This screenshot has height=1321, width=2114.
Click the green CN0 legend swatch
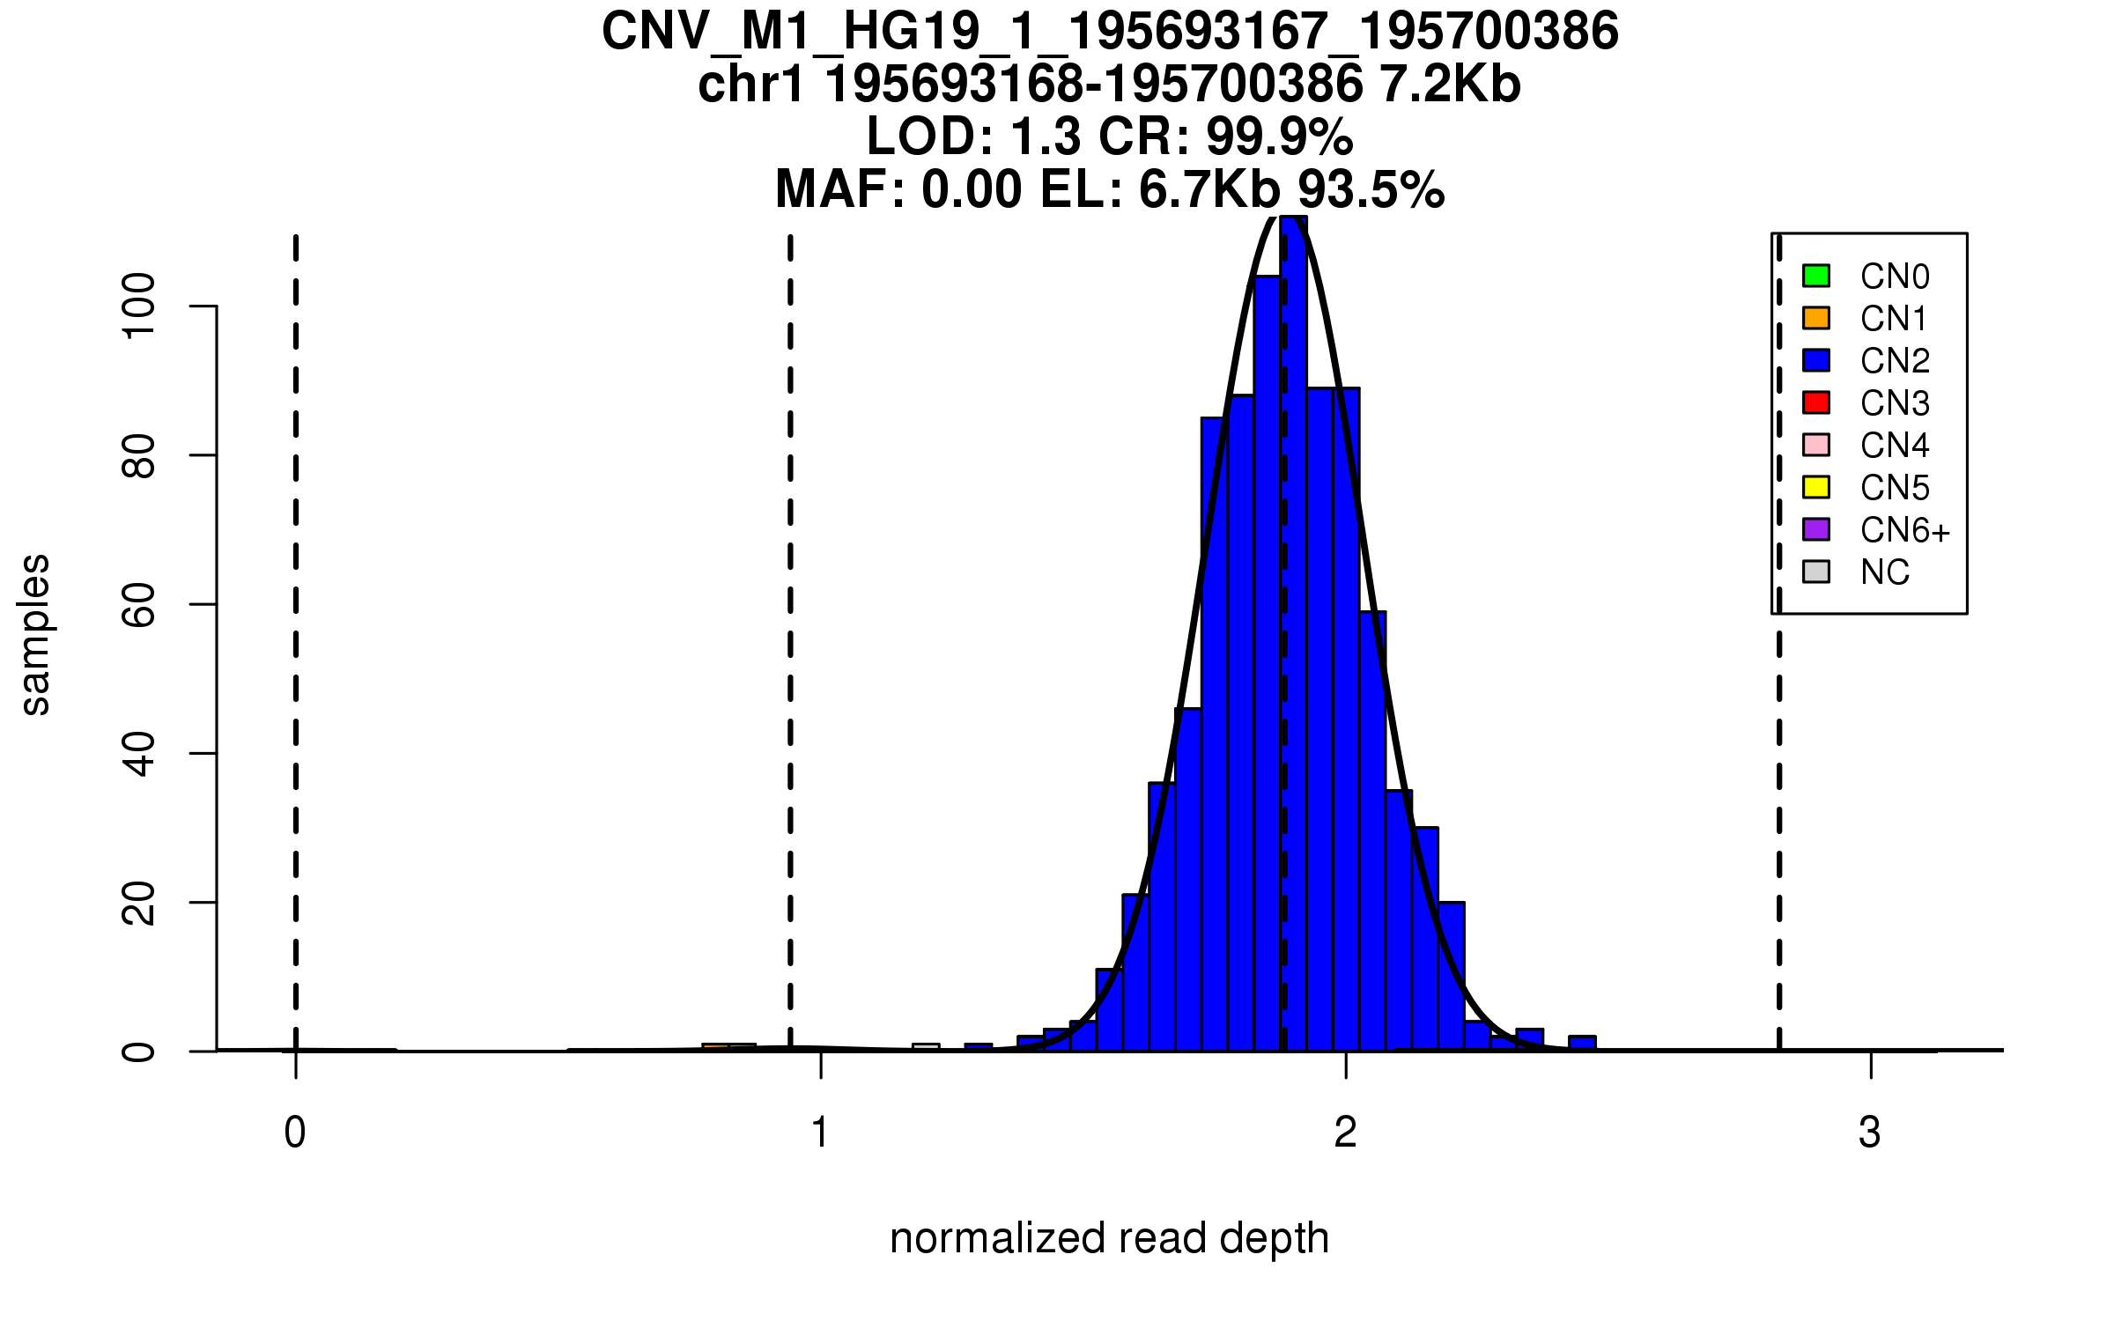[x=1816, y=276]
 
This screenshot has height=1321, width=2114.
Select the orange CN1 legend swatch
[x=1816, y=318]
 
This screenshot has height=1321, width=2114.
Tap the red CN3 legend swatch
[x=1816, y=402]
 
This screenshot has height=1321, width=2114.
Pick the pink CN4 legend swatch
[x=1816, y=445]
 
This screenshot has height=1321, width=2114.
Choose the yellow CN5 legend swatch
[x=1816, y=487]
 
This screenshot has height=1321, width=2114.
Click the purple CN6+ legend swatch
[x=1816, y=529]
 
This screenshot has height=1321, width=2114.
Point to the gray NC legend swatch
[x=1816, y=572]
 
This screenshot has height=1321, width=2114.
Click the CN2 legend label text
[x=1895, y=361]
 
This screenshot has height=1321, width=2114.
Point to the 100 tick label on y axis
[x=140, y=306]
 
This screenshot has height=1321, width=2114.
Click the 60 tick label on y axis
[x=140, y=604]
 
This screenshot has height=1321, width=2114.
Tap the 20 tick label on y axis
[x=140, y=903]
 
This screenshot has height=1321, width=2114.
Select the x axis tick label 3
[x=1870, y=1133]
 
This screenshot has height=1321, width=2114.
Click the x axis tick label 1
[x=820, y=1133]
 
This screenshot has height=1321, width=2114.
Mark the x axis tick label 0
[x=295, y=1133]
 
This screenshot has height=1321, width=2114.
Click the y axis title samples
[x=35, y=634]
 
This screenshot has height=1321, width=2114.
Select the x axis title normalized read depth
[x=1109, y=1238]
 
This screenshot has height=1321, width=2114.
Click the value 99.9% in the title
[x=1279, y=137]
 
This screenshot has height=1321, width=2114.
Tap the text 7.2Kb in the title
[x=1450, y=85]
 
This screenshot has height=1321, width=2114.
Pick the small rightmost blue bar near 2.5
[x=1582, y=1044]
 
